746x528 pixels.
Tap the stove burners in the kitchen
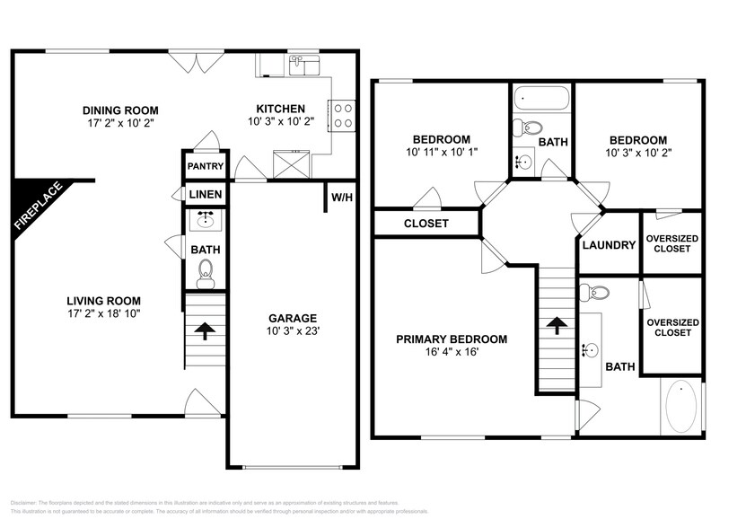click(x=342, y=114)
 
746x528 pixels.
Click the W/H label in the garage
click(x=341, y=197)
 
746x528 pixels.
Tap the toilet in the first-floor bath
click(x=206, y=273)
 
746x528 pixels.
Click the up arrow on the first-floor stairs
click(x=205, y=330)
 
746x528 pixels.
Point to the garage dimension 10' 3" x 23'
click(x=293, y=331)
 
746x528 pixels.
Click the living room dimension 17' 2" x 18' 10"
click(x=102, y=313)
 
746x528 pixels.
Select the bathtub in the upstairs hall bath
click(x=541, y=98)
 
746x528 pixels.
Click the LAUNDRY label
click(x=608, y=244)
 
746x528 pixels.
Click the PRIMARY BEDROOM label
click(x=452, y=339)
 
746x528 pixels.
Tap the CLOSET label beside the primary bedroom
click(x=426, y=224)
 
